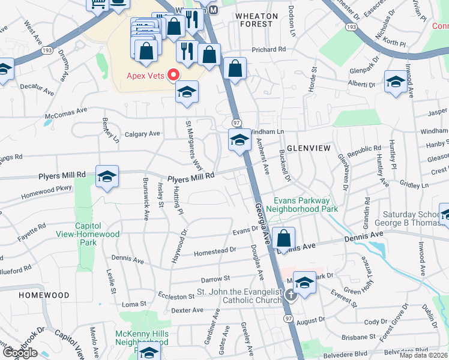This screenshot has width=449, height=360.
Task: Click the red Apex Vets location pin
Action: click(174, 75)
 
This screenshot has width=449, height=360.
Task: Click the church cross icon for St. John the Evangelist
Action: click(291, 294)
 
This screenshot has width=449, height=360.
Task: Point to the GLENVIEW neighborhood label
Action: click(307, 147)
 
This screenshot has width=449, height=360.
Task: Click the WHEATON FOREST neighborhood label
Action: click(256, 20)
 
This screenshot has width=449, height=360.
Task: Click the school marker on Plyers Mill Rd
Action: click(107, 176)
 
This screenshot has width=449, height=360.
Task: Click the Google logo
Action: click(20, 352)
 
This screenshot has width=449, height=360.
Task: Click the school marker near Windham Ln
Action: click(240, 140)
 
